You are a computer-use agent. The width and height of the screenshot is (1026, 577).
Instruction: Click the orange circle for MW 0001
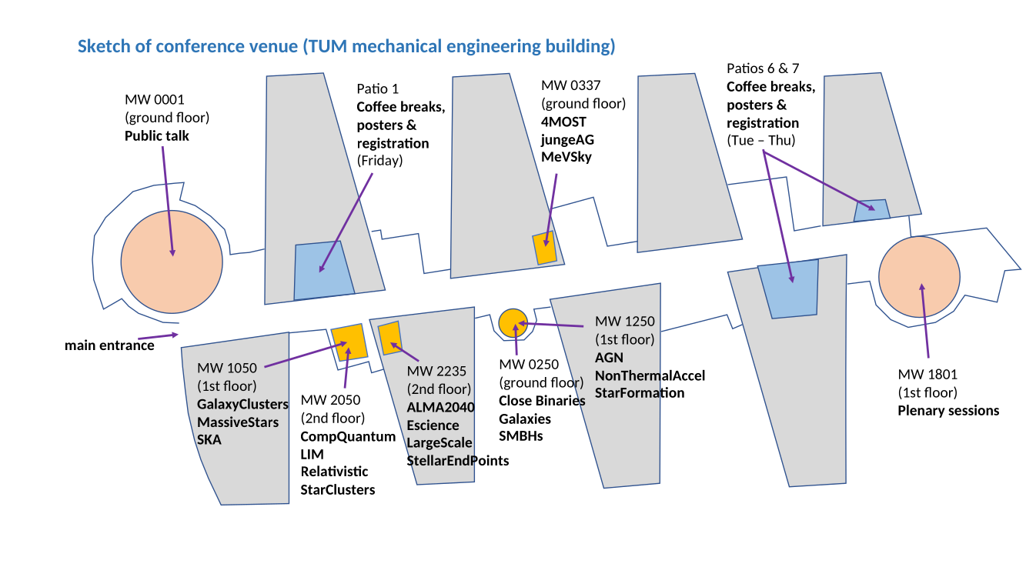tap(172, 262)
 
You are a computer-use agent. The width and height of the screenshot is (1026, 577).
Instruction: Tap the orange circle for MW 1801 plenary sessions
tap(919, 277)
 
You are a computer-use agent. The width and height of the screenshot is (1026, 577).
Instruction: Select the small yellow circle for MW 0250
tap(513, 323)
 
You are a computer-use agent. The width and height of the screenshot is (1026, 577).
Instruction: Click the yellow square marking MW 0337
tap(545, 248)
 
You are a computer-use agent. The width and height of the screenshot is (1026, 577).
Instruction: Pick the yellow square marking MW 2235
tap(389, 338)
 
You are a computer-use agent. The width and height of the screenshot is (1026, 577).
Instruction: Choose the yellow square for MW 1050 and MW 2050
tap(349, 342)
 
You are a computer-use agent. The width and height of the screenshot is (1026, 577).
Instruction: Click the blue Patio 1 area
tap(323, 271)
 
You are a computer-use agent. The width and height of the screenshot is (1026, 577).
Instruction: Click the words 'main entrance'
tap(109, 345)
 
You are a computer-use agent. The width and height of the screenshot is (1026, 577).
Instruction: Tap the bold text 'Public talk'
tap(157, 136)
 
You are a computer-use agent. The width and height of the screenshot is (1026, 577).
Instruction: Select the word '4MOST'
tap(563, 122)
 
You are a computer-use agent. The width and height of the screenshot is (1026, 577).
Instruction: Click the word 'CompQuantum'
tap(348, 436)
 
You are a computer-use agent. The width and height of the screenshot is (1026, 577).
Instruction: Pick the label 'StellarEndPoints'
tap(457, 461)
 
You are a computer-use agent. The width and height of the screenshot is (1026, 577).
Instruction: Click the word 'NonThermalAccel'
tap(650, 376)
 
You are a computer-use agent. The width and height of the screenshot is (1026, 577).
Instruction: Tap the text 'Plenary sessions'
tap(948, 411)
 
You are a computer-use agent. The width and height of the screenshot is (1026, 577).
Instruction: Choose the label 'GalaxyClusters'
tap(242, 405)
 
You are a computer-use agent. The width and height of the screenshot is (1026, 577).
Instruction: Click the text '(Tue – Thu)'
tap(760, 140)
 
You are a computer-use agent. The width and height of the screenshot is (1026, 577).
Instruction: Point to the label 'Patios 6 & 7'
tap(763, 68)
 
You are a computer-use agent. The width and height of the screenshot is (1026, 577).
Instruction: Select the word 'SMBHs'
tap(521, 436)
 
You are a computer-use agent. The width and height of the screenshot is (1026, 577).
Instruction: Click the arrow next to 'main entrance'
tap(158, 337)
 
